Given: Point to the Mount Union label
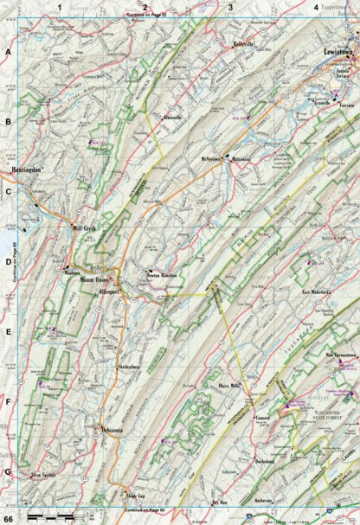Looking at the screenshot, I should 95,280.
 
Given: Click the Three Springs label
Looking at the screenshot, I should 47,475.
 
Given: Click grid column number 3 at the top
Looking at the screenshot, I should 230,7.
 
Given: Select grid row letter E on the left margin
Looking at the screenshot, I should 7,331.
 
